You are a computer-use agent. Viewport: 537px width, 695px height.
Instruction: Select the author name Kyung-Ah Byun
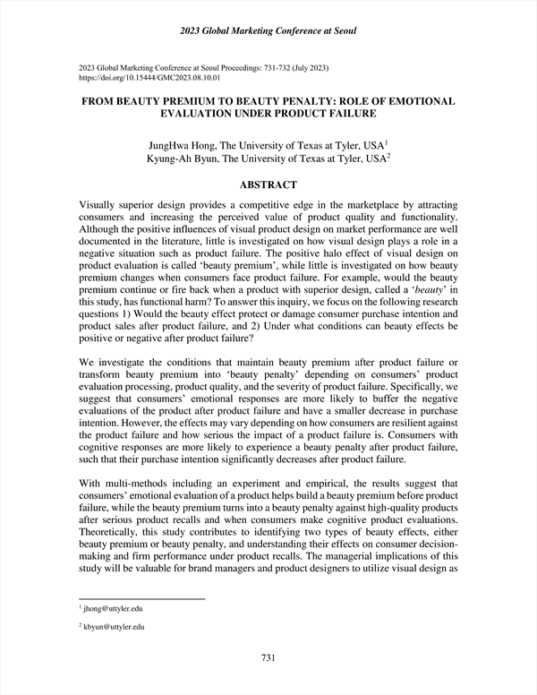[183, 159]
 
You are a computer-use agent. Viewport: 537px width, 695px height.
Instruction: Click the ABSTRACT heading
[268, 184]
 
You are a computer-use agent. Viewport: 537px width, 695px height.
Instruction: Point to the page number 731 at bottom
[268, 658]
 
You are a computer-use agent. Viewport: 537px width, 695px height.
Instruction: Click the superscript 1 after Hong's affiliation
[386, 142]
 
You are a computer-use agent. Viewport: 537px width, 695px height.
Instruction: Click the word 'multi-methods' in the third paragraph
[136, 483]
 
